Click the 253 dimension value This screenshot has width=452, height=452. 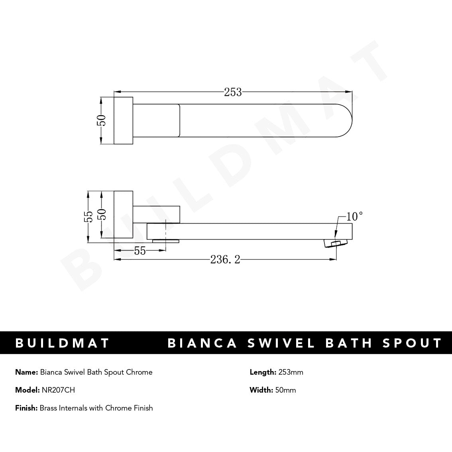pyautogui.click(x=233, y=92)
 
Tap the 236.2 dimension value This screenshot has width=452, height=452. pyautogui.click(x=225, y=260)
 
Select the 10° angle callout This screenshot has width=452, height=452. pyautogui.click(x=354, y=216)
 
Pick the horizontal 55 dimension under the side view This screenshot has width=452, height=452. pyautogui.click(x=140, y=251)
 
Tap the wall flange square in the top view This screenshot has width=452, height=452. pyautogui.click(x=123, y=120)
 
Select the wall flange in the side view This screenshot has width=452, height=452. pyautogui.click(x=123, y=215)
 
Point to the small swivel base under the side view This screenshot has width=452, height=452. pyautogui.click(x=166, y=240)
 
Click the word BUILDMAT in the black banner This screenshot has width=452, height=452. pyautogui.click(x=62, y=343)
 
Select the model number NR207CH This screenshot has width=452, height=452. pyautogui.click(x=58, y=390)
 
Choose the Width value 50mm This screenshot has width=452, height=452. pyautogui.click(x=285, y=390)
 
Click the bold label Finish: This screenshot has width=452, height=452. pyautogui.click(x=26, y=408)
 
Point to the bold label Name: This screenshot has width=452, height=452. pyautogui.click(x=27, y=372)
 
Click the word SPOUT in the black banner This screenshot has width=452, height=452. pyautogui.click(x=413, y=343)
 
